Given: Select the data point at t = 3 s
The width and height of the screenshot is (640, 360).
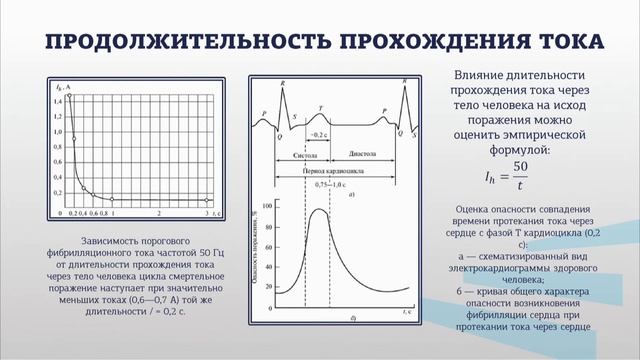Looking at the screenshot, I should [x=207, y=199].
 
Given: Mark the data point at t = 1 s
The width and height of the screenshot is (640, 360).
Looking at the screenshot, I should [x=112, y=199].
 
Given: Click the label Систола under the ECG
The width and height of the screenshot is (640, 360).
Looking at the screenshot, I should [x=305, y=156].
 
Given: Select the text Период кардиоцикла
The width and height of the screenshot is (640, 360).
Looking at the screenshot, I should [x=333, y=171].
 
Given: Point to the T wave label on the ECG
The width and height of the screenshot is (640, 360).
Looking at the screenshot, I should [x=320, y=107].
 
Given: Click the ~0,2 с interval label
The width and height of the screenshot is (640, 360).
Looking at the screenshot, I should [x=317, y=133].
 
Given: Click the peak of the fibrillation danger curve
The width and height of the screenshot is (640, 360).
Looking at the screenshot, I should [x=320, y=210].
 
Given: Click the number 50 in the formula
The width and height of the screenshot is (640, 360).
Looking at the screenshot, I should [x=519, y=166].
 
